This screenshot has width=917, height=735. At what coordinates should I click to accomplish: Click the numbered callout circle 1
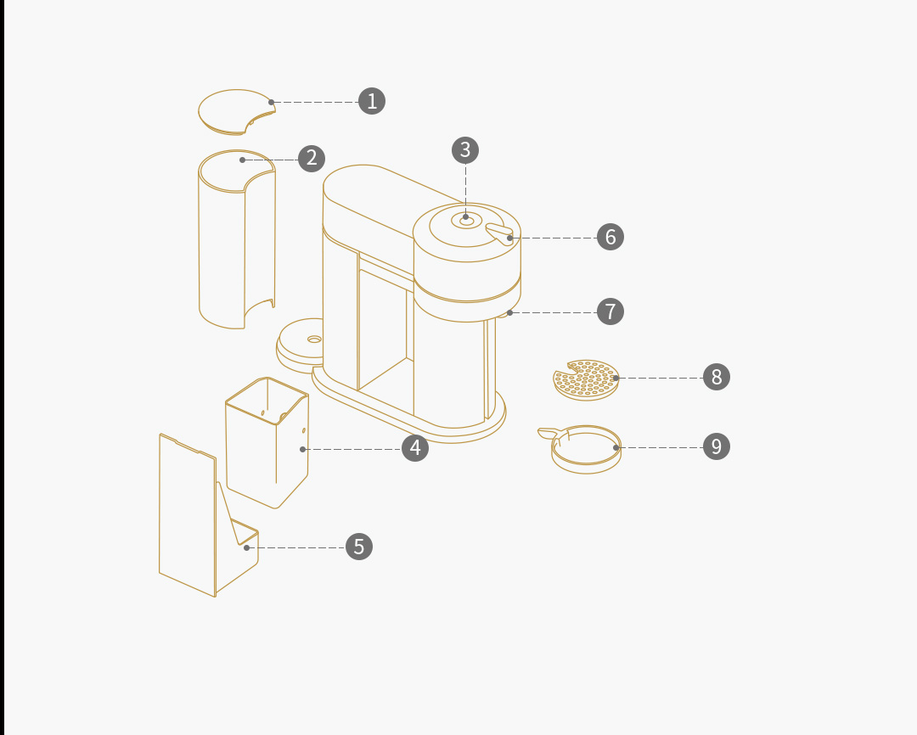coord(372,101)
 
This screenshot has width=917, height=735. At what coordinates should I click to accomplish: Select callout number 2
coord(312,159)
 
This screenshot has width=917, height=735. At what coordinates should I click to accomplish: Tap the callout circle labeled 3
coord(465,150)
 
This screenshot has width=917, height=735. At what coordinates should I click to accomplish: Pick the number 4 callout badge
coord(415,448)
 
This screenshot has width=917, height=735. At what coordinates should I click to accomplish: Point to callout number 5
coord(359,547)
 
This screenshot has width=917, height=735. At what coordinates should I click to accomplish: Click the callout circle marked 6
coord(610,237)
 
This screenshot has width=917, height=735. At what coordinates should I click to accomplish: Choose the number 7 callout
coord(610,311)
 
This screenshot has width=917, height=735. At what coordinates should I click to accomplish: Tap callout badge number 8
coord(717,377)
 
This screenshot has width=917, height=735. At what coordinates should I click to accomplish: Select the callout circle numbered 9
coord(717,446)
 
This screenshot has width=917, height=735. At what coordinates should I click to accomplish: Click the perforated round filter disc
coord(586,380)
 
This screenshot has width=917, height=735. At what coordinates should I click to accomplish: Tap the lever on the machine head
coord(499,233)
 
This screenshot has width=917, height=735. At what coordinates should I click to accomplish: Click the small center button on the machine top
coord(467,221)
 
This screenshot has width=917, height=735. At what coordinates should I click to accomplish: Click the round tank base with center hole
coord(300,345)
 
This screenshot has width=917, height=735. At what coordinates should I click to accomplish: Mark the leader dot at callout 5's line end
coord(247,548)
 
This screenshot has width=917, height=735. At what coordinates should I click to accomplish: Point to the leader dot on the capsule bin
coord(302,449)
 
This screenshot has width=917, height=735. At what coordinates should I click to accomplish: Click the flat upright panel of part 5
coord(187,514)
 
